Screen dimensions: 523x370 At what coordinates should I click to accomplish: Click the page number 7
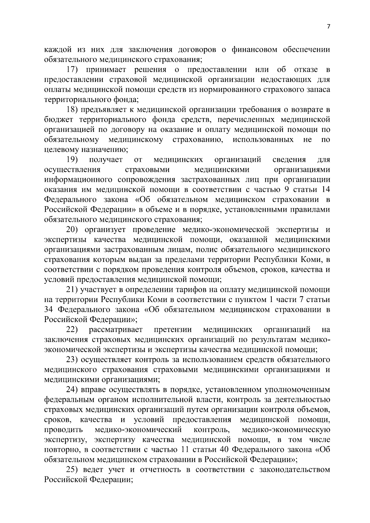tap(328, 27)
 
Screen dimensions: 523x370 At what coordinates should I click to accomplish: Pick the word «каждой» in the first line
tap(56, 50)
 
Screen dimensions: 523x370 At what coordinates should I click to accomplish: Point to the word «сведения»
tap(289, 160)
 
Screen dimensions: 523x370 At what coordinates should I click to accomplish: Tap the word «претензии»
tap(173, 330)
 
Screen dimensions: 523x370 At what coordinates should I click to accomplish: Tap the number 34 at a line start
tap(49, 310)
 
